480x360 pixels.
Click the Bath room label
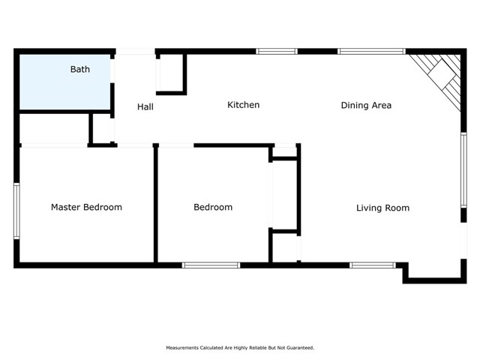coord(80,70)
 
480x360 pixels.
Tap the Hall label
coord(145,107)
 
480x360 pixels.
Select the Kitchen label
coord(243,105)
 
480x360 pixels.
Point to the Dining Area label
coord(366,106)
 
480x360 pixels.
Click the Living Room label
coord(382,208)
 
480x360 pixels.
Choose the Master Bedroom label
coord(86,207)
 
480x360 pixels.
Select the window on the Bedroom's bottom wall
coord(211,265)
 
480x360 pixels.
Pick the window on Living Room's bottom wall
coord(373,265)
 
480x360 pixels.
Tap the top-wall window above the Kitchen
coord(277,52)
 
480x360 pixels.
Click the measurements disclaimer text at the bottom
coord(240,348)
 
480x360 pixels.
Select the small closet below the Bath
coord(53,128)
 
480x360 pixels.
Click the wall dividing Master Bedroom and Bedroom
coord(155,204)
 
